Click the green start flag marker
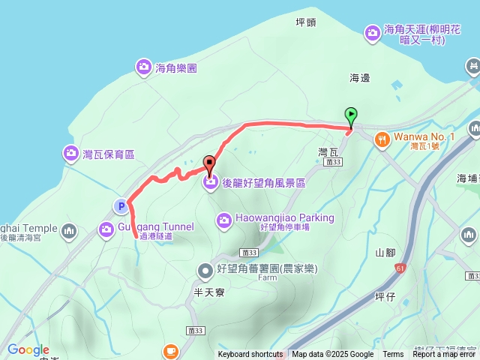click(351, 116)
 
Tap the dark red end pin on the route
click(209, 162)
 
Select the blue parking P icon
click(120, 205)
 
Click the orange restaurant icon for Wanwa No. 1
click(382, 138)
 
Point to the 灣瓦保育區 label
click(108, 154)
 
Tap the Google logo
click(28, 350)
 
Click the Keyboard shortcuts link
click(250, 355)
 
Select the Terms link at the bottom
click(393, 355)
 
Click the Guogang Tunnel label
click(155, 226)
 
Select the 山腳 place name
click(384, 253)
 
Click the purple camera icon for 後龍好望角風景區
click(211, 182)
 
